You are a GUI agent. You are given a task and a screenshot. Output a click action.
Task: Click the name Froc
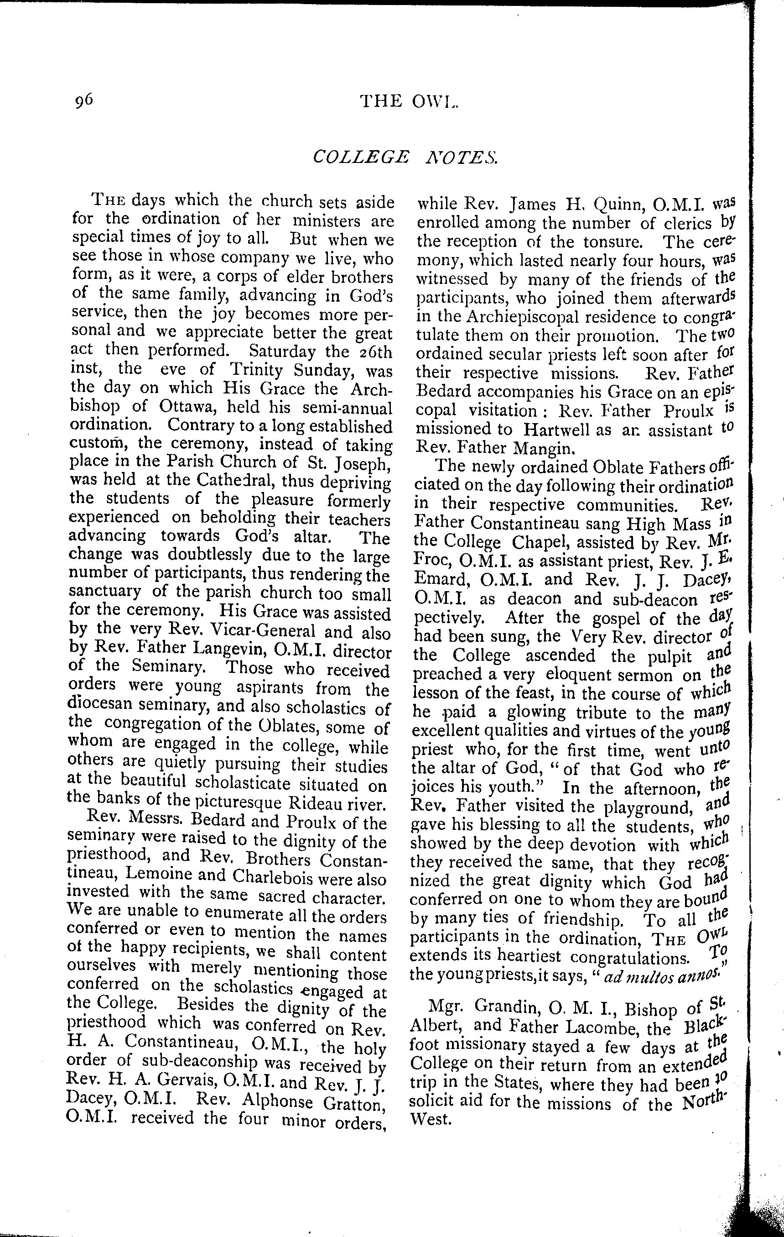point(429,561)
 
